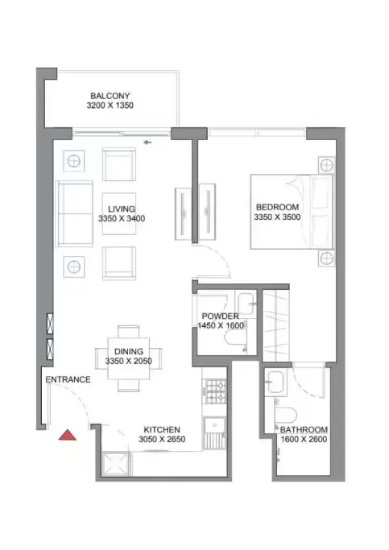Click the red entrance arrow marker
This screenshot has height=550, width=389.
(x=68, y=436)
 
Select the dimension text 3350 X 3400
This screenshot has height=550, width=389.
(x=122, y=218)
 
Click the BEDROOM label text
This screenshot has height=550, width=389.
(x=275, y=206)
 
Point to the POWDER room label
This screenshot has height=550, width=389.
(x=221, y=316)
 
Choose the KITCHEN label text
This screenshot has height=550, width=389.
(x=162, y=429)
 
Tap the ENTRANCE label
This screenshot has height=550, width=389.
(x=68, y=379)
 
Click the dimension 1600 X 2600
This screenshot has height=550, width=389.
(x=304, y=440)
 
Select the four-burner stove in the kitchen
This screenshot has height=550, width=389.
(x=214, y=392)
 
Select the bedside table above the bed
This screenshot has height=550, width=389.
(x=325, y=165)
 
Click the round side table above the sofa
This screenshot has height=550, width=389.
(x=74, y=159)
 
